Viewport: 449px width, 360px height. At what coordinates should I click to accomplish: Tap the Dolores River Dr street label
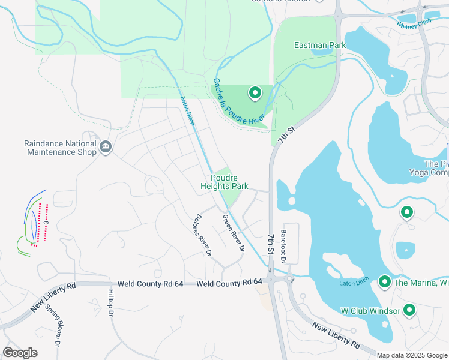(202, 236)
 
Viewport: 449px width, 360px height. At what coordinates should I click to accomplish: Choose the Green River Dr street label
(234, 233)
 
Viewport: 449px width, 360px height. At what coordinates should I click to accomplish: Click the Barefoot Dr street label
(284, 246)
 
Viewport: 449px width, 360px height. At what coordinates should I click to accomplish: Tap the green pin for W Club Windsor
(409, 310)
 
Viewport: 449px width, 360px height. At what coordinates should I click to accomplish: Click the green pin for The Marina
(385, 281)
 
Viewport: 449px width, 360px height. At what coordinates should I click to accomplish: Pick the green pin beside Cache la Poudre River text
(255, 92)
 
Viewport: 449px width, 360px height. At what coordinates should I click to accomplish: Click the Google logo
(20, 353)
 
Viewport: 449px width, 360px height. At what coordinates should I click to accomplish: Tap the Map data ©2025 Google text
(411, 355)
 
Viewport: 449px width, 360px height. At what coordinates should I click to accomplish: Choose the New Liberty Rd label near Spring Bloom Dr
(53, 298)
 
